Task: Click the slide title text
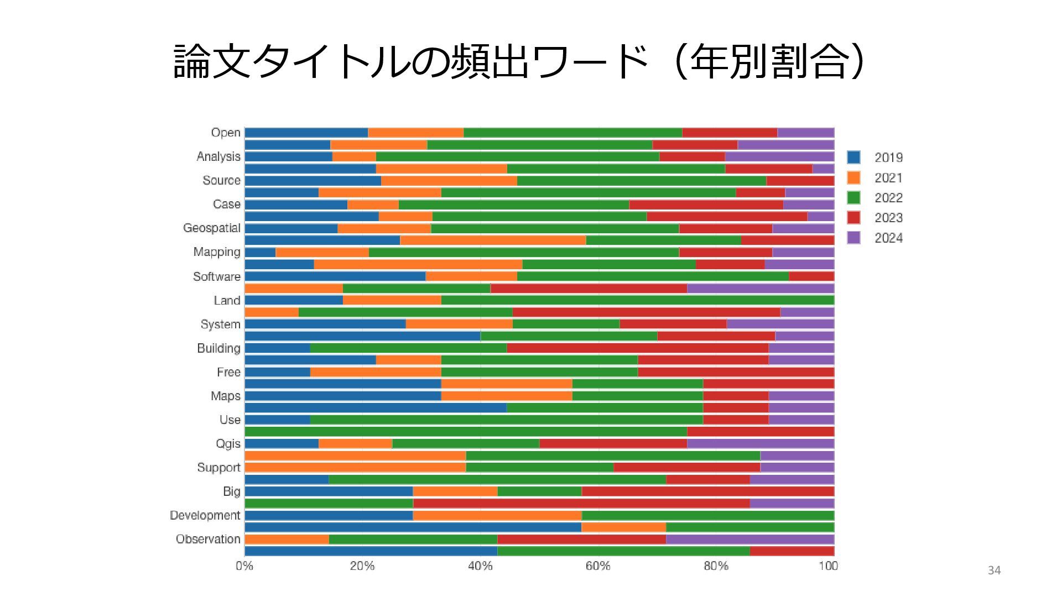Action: [x=519, y=62]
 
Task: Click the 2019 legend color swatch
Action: [x=853, y=158]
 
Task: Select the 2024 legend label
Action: [x=888, y=238]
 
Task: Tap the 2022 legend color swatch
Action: [x=853, y=198]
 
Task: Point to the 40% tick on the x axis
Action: [x=480, y=566]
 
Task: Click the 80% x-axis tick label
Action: [x=716, y=566]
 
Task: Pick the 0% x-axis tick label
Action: [x=244, y=566]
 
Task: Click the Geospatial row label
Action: [x=212, y=228]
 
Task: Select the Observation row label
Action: [x=208, y=540]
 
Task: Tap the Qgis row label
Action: [x=228, y=444]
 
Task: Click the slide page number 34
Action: [x=994, y=570]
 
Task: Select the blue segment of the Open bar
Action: [x=306, y=133]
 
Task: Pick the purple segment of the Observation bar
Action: [x=749, y=540]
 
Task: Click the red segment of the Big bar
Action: [x=707, y=491]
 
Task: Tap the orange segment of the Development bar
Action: [x=497, y=515]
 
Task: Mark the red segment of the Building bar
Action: [x=637, y=348]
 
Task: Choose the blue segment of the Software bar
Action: [x=335, y=276]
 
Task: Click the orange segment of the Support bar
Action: [x=355, y=468]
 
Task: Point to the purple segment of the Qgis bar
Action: [x=760, y=444]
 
